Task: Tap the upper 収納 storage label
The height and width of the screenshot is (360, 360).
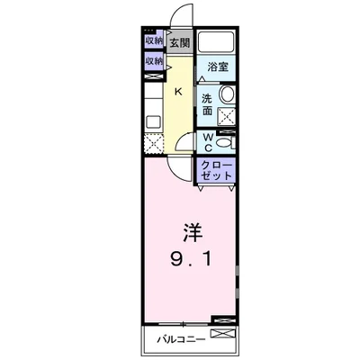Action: [152, 41]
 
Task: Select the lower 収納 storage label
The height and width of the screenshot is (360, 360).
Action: [152, 61]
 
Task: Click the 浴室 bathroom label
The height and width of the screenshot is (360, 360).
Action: [217, 67]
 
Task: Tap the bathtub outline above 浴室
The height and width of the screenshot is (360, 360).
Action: [217, 42]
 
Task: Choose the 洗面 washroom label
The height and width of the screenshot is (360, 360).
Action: [208, 104]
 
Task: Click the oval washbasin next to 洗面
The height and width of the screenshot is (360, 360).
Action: [227, 96]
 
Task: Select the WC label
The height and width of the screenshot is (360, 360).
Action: [207, 140]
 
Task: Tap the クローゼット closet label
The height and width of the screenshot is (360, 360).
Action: [217, 171]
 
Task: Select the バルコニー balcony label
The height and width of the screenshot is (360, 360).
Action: [183, 340]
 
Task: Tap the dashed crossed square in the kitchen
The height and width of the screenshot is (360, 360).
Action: [151, 142]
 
